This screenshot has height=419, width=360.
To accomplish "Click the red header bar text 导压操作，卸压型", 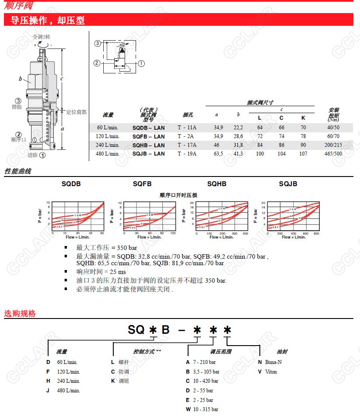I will (x=48, y=20).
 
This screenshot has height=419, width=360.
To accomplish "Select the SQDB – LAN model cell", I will (x=149, y=128).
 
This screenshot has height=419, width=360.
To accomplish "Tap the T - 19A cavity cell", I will (x=187, y=154).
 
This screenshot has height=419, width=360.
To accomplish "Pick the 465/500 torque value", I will (x=333, y=154).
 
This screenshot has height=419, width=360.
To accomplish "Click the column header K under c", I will (x=303, y=118).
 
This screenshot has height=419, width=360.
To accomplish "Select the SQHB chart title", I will (x=217, y=184).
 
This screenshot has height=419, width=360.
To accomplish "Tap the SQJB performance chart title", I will (x=288, y=184).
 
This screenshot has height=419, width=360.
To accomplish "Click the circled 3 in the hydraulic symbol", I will (x=98, y=43).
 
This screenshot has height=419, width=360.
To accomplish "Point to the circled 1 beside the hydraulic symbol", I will (x=141, y=63).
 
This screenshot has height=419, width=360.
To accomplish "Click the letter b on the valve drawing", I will (x=20, y=79).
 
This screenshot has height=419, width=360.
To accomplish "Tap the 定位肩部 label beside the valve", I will (x=76, y=112).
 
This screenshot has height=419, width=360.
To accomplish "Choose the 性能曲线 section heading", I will (x=18, y=171).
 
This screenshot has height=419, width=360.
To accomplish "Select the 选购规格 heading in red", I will (x=20, y=313).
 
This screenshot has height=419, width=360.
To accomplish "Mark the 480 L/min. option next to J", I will (x=68, y=391).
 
